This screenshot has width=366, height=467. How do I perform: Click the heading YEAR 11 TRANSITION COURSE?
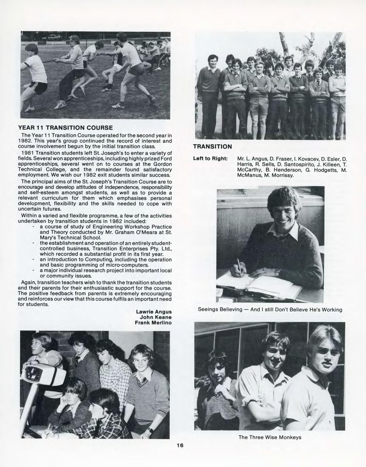coord(65,128)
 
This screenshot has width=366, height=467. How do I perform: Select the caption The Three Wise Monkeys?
coord(270,437)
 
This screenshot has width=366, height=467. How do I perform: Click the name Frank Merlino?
coord(153,322)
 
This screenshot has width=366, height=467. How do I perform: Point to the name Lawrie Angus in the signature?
coord(154,312)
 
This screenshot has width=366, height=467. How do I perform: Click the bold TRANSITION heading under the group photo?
coord(212,146)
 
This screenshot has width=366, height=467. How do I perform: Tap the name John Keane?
coord(156,317)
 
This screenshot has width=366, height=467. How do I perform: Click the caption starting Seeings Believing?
coord(270,309)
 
